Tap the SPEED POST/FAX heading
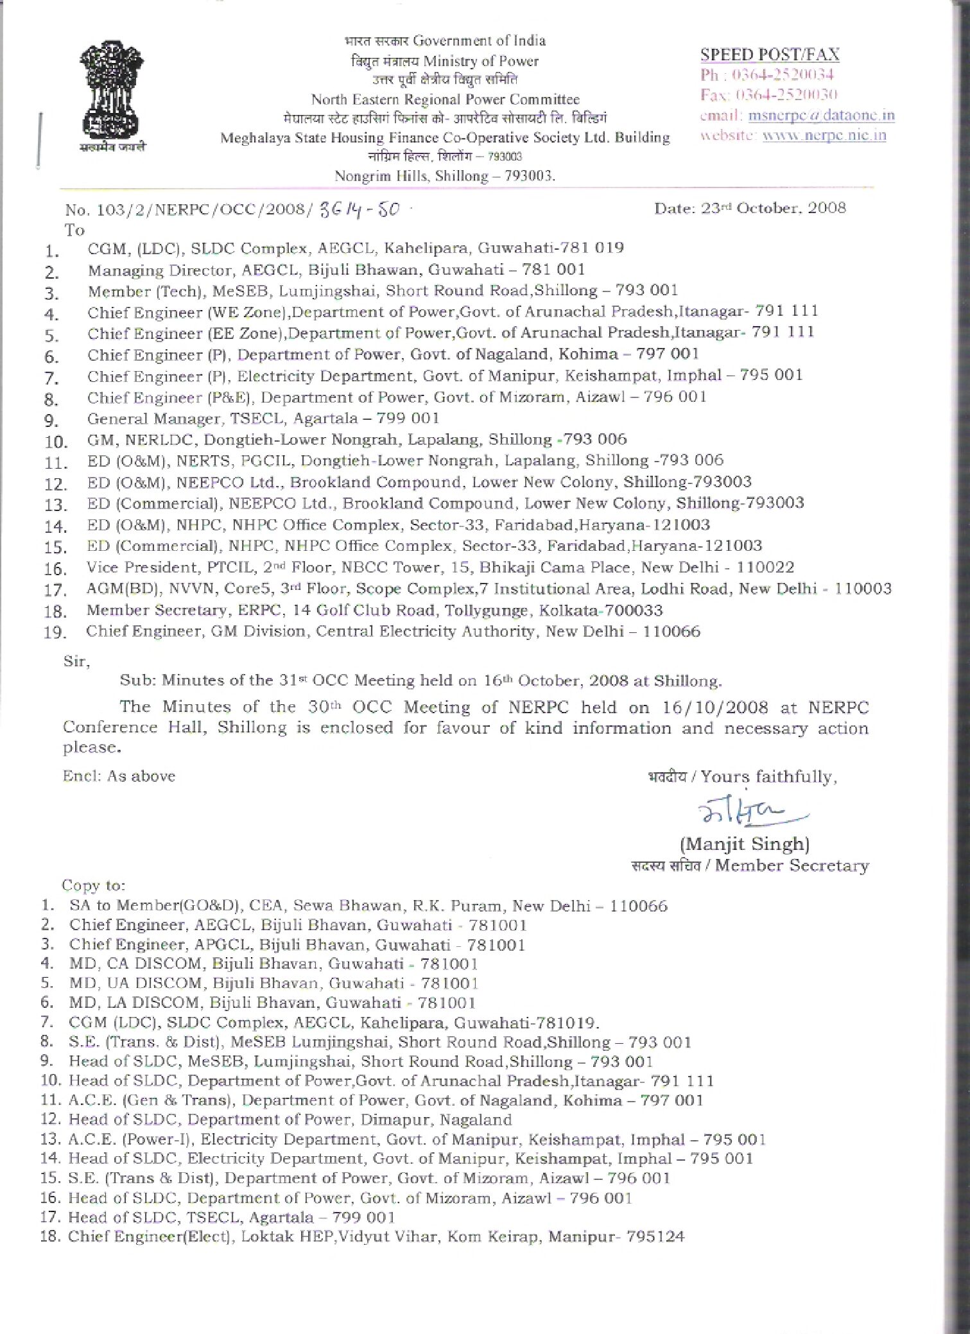[x=769, y=55]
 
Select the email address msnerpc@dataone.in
[x=821, y=116]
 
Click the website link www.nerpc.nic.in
[x=824, y=135]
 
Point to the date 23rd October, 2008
[x=750, y=208]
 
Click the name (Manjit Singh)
[x=744, y=844]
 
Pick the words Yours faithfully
[x=768, y=777]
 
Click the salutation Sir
[x=76, y=660]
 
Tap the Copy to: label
[x=93, y=885]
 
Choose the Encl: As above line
[x=119, y=775]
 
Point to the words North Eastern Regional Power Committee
[x=445, y=100]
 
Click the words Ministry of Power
[x=480, y=62]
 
